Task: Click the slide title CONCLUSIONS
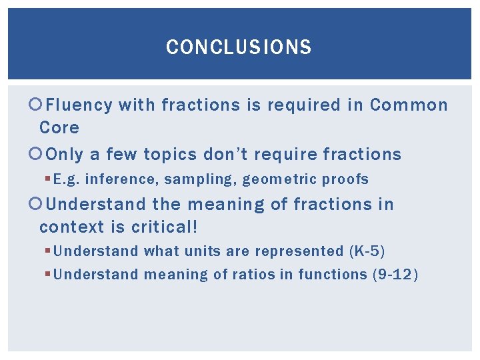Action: click(x=239, y=47)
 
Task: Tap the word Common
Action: click(x=409, y=105)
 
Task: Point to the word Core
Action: click(x=59, y=128)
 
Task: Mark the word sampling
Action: click(x=178, y=179)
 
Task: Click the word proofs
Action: click(x=345, y=179)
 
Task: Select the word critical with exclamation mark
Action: click(x=164, y=227)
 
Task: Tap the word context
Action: click(x=72, y=227)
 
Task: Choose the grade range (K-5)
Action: click(x=367, y=251)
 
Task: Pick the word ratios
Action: click(x=256, y=274)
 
